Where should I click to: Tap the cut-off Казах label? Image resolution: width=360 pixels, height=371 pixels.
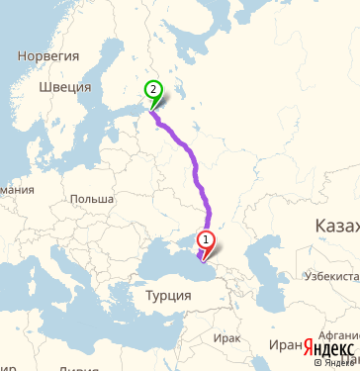[336, 227]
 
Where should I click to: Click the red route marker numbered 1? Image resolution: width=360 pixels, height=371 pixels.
[206, 238]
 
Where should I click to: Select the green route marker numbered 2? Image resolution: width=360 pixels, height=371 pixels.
[153, 88]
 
